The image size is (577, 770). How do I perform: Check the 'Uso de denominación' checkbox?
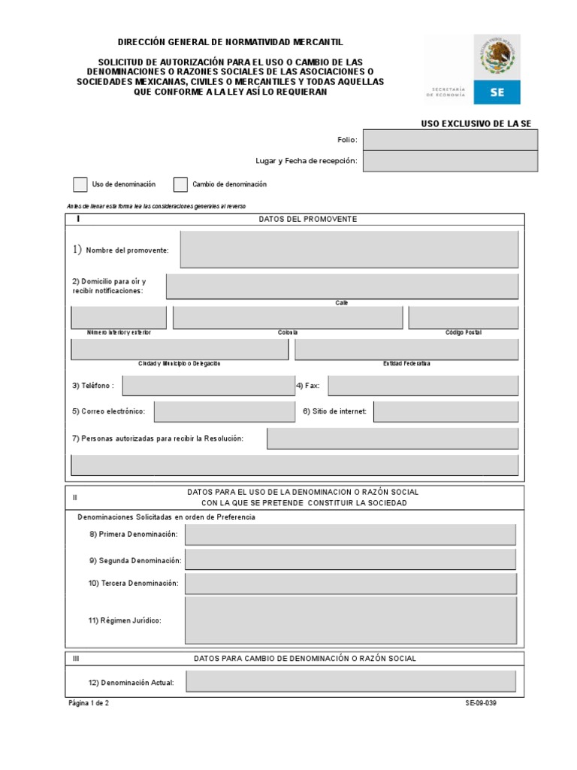(x=80, y=184)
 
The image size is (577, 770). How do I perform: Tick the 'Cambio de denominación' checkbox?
(x=180, y=184)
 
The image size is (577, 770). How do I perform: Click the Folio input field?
(x=450, y=140)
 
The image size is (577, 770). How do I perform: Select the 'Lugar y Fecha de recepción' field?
(x=450, y=161)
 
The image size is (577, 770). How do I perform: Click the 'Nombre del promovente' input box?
(x=349, y=250)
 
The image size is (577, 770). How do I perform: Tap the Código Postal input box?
(x=463, y=317)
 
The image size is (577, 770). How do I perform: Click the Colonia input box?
(x=288, y=317)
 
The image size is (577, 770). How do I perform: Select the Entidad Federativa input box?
(x=406, y=350)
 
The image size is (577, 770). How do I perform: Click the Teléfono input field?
(x=209, y=386)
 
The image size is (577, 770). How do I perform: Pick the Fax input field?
(x=423, y=386)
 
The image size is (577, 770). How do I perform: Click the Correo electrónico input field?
(x=225, y=411)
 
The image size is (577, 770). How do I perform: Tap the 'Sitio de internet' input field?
(x=446, y=411)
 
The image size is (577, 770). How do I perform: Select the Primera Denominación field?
(x=350, y=535)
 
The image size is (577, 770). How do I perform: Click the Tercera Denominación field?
(x=350, y=584)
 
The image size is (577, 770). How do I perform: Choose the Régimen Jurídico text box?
(x=350, y=620)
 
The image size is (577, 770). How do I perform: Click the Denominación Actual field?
(x=351, y=681)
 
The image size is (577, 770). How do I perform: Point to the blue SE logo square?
(x=497, y=92)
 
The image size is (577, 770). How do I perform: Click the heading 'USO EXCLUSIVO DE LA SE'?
(x=479, y=123)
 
